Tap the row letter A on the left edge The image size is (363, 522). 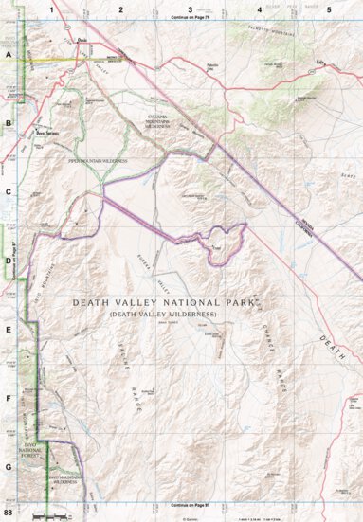(9, 56)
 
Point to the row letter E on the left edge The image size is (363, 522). (9, 330)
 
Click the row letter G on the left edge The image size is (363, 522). (9, 467)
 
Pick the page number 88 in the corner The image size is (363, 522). (9, 513)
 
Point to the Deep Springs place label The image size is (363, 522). (47, 134)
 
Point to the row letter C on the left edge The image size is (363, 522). (9, 193)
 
